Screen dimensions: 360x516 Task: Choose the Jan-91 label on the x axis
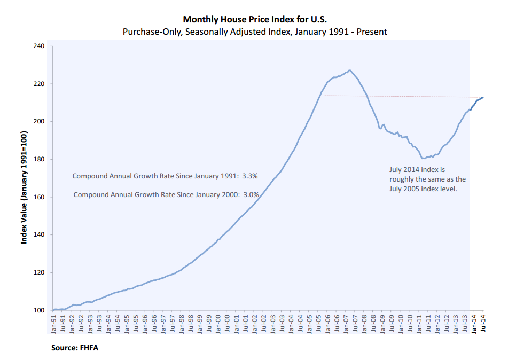click(x=54, y=325)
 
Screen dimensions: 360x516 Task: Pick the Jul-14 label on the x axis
click(x=482, y=324)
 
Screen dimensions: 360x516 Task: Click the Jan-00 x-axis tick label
click(x=218, y=325)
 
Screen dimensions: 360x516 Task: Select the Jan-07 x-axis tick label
click(x=346, y=325)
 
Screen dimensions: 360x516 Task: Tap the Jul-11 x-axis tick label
click(x=428, y=325)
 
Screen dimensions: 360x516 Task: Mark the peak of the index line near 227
click(x=349, y=70)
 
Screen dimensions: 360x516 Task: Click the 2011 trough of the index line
click(x=423, y=158)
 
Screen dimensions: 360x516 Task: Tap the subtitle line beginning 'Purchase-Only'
click(x=255, y=32)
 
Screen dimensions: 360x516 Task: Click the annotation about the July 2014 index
click(x=427, y=179)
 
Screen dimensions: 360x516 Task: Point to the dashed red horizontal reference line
click(x=401, y=97)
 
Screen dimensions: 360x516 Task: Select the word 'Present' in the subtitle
click(x=373, y=32)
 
